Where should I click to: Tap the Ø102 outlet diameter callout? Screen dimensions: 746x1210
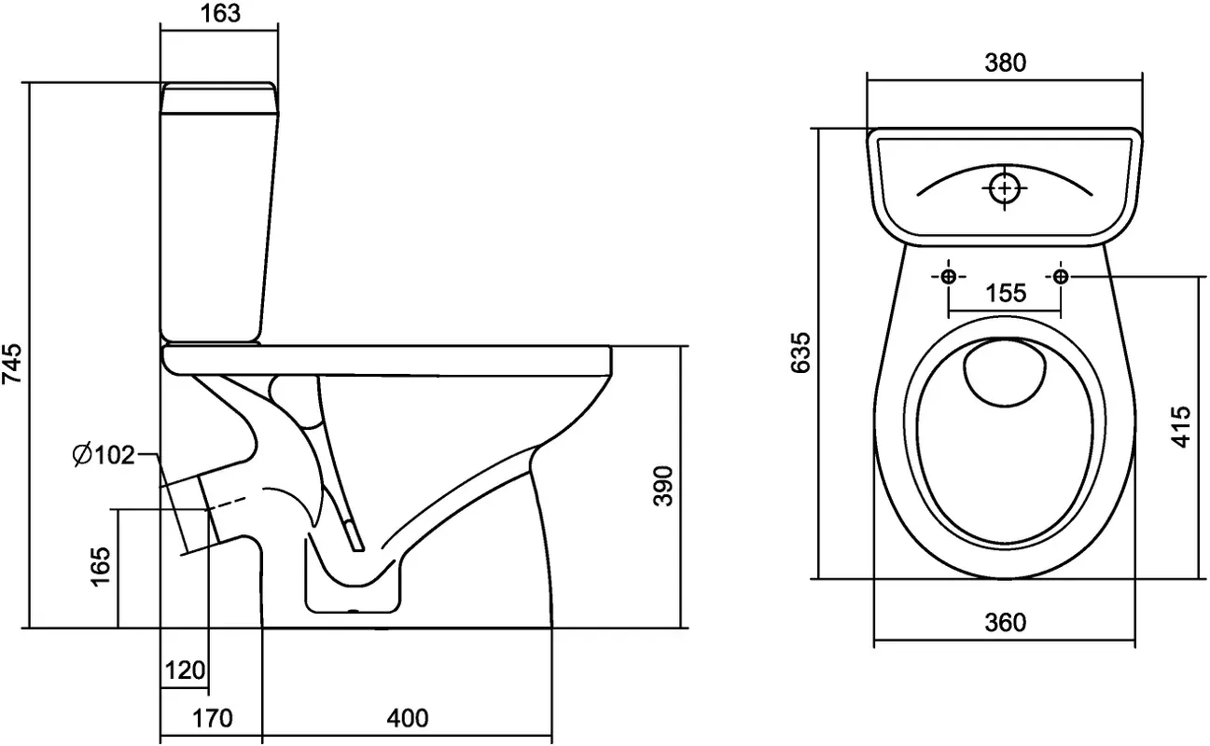(103, 455)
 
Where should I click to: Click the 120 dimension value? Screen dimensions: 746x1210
(185, 670)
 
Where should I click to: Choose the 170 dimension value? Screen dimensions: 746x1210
(212, 718)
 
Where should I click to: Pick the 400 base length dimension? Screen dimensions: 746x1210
(408, 718)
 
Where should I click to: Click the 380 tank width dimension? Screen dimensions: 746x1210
(1005, 62)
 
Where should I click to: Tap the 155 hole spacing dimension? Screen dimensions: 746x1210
(1005, 293)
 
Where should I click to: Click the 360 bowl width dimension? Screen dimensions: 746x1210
(1005, 622)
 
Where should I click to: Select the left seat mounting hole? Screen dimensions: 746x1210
(948, 277)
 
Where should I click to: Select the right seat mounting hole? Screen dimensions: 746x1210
(1061, 277)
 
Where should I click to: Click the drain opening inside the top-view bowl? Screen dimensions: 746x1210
(1004, 373)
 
